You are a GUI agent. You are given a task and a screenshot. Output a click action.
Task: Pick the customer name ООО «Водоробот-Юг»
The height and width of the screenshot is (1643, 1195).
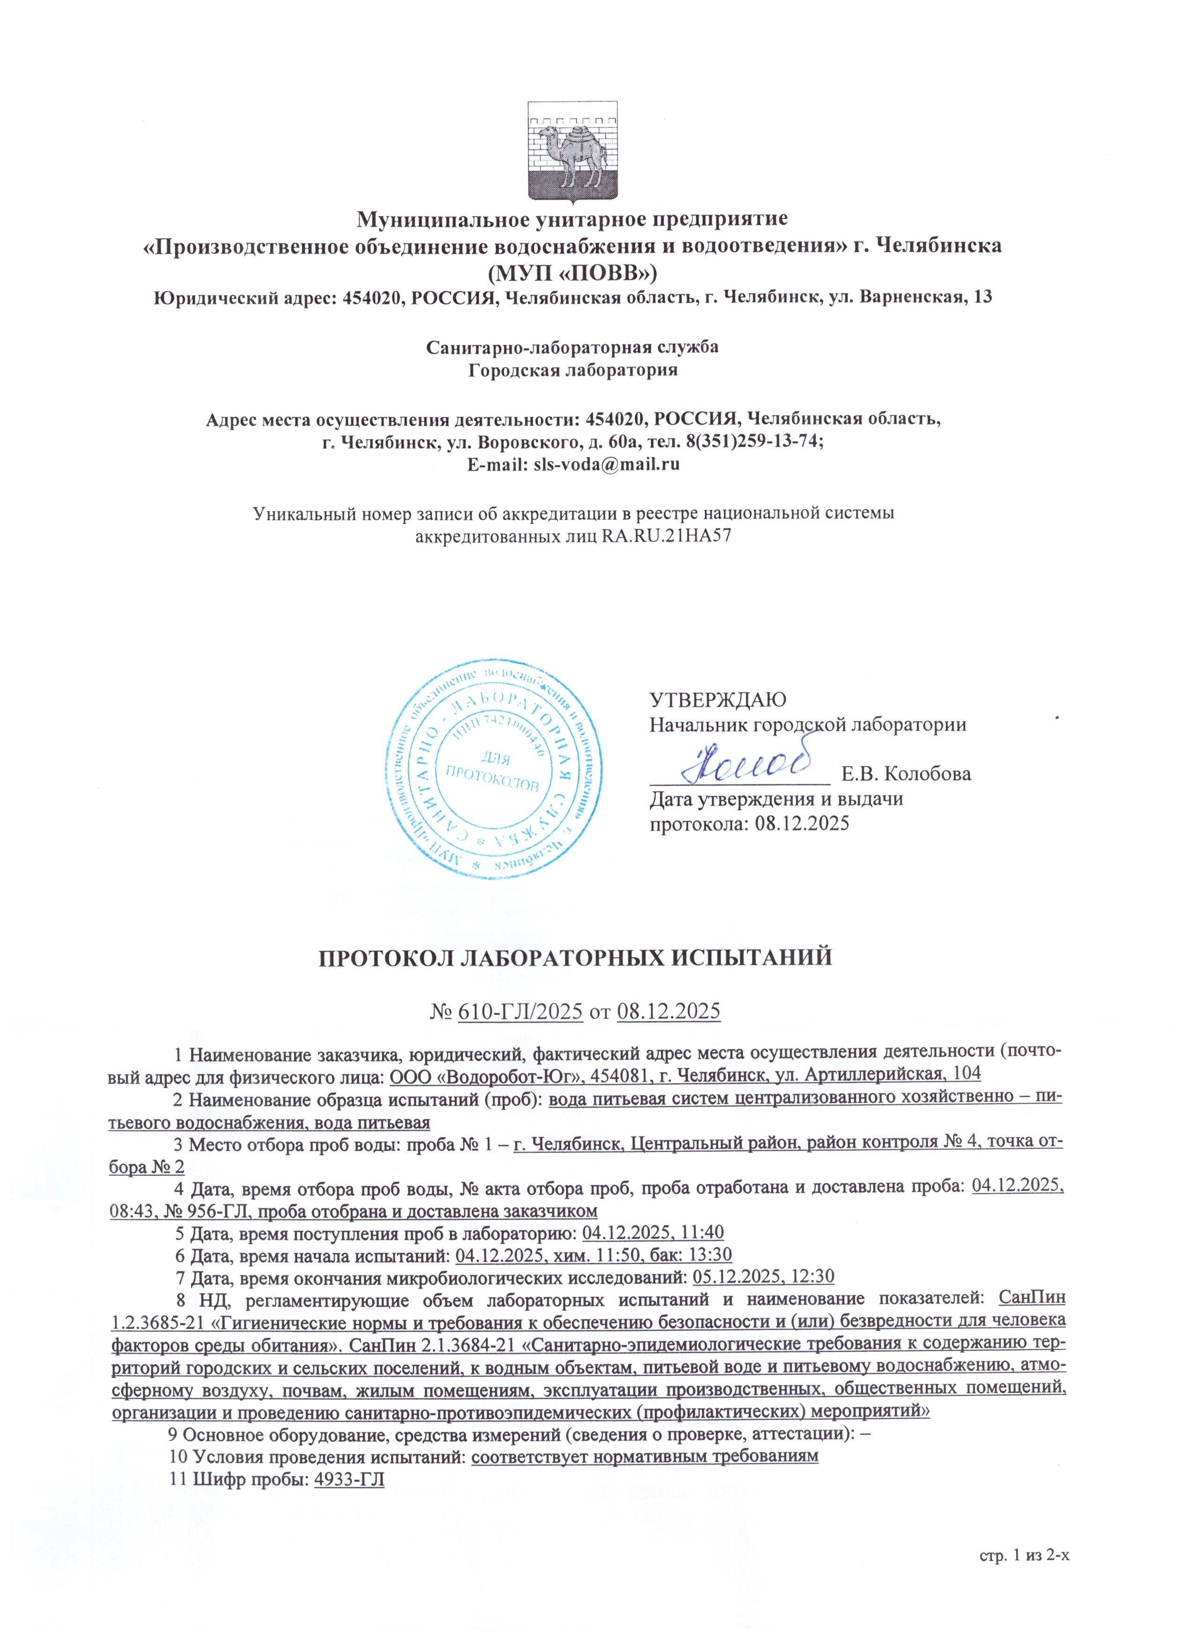pos(477,1074)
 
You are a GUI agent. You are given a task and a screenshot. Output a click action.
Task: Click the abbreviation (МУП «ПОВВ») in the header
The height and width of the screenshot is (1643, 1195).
pos(572,271)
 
